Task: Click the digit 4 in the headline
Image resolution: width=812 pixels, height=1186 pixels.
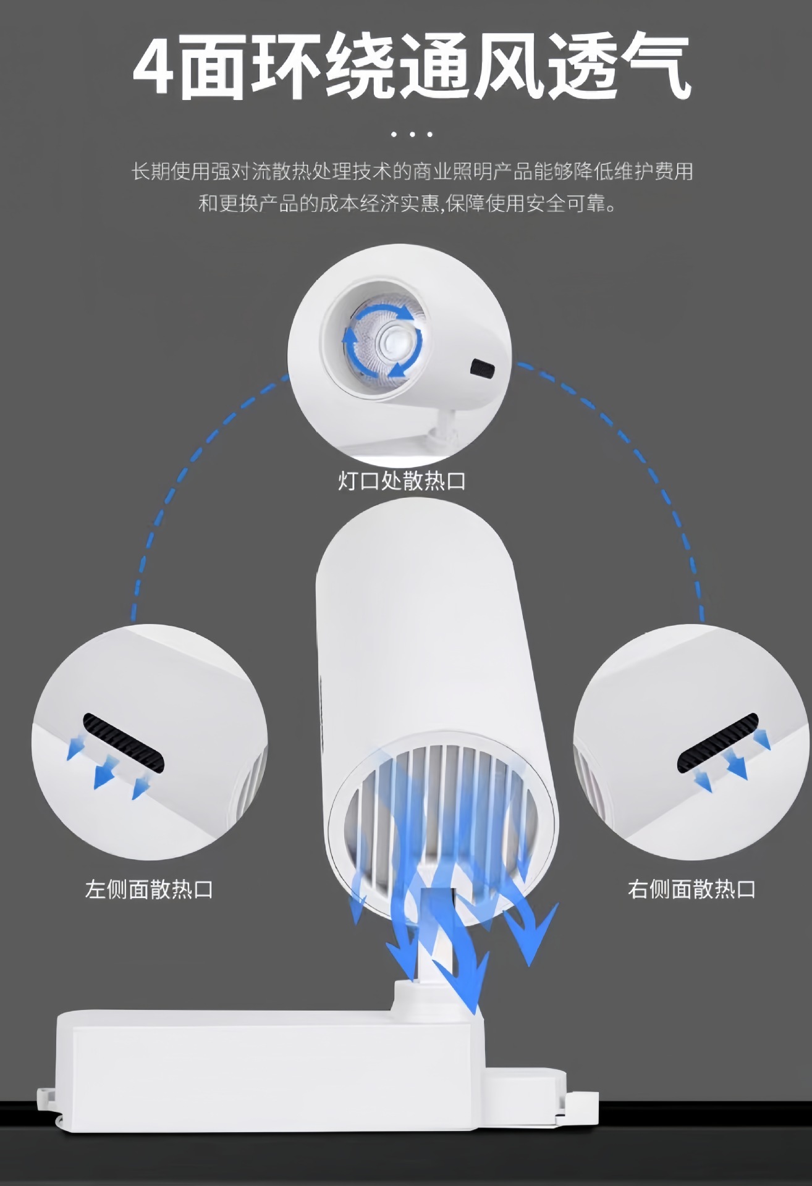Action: (153, 68)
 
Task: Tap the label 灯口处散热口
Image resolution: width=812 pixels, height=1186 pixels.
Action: (402, 481)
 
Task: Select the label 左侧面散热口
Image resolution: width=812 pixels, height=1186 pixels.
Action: (149, 889)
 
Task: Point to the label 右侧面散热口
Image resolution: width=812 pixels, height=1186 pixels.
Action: (691, 889)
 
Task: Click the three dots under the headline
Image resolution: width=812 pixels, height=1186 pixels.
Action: (412, 134)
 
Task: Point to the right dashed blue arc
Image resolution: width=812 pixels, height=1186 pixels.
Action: (643, 469)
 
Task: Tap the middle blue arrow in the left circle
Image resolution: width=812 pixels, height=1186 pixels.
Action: (106, 772)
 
